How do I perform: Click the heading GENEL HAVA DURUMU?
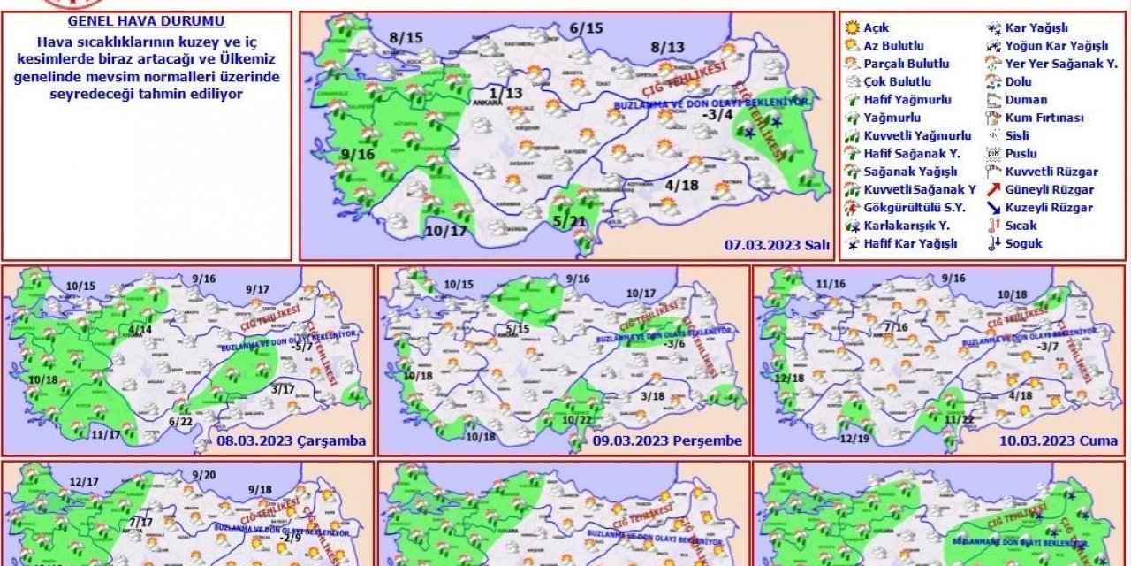tap(146, 21)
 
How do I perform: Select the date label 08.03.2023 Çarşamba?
tap(291, 440)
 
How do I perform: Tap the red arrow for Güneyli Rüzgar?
tap(994, 189)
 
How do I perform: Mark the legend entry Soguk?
tap(1023, 243)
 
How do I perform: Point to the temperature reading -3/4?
tap(717, 114)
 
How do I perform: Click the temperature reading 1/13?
tap(507, 94)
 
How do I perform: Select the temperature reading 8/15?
tap(406, 37)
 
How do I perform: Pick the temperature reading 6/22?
tap(182, 423)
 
